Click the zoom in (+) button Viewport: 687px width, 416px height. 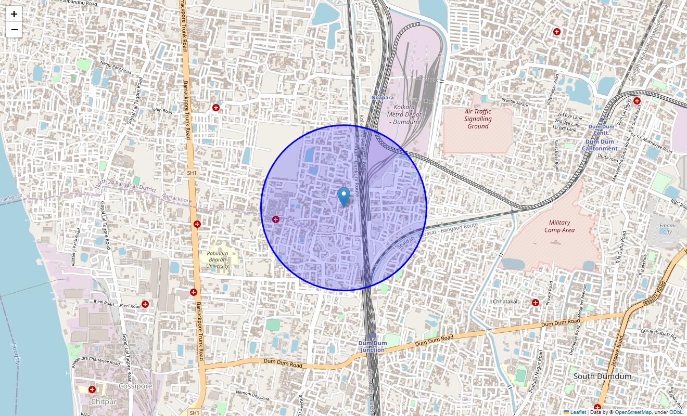coord(14,14)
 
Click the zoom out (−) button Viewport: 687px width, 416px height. coord(14,30)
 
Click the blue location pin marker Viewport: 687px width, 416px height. coord(344,197)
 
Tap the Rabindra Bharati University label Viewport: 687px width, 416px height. coord(218,260)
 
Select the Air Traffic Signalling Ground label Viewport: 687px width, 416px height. coord(478,119)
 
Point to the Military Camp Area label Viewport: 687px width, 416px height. coord(559,226)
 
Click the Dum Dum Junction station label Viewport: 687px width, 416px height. coord(373,347)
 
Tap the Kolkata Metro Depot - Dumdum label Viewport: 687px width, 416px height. coord(403,114)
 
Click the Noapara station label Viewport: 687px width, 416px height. coord(383,98)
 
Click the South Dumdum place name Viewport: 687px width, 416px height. coord(602,376)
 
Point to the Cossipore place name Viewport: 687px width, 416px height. coord(135,386)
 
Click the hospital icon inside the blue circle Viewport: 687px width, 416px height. coord(275,220)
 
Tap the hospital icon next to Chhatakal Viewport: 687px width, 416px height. coord(535,302)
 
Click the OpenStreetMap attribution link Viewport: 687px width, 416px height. coord(633,412)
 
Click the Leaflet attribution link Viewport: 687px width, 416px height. coord(578,412)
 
